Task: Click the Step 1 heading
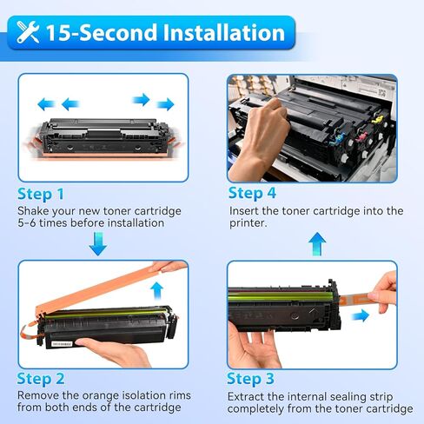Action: coord(41,193)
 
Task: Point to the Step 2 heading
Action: coord(41,379)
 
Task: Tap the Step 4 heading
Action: coord(252,192)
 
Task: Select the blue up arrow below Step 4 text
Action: coord(317,242)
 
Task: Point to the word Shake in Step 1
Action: coord(35,210)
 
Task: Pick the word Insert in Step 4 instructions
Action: coord(246,210)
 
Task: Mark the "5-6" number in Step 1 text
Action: coord(30,223)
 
